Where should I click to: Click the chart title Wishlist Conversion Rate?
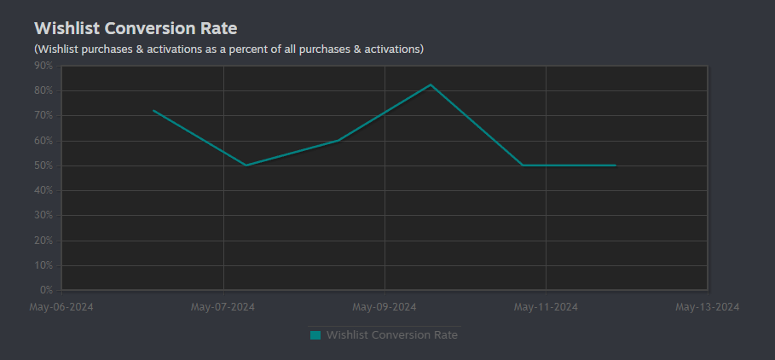(136, 28)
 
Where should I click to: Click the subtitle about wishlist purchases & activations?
(228, 49)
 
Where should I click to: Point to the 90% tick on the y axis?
(43, 66)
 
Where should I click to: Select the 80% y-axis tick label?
(43, 91)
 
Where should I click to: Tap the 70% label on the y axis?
(43, 116)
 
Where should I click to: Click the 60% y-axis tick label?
(43, 141)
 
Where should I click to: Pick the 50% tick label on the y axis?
(43, 165)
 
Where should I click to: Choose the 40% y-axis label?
(43, 190)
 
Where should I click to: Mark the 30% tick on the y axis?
(43, 216)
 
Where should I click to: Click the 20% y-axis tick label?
(43, 241)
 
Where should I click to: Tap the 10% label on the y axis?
(43, 265)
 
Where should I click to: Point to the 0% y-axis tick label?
(45, 290)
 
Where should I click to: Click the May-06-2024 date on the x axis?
(61, 307)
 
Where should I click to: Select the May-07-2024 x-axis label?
(223, 307)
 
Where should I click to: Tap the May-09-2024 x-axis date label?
(384, 307)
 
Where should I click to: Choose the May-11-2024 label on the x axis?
(546, 307)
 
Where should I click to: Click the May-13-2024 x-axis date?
(708, 307)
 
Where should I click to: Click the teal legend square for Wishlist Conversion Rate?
(315, 335)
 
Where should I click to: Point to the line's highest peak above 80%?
(431, 84)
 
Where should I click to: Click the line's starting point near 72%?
(153, 110)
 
